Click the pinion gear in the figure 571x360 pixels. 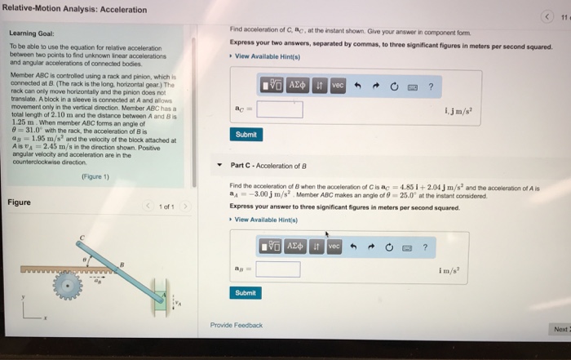point(69,284)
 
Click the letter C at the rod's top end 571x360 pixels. point(82,238)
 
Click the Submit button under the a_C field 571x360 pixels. point(246,135)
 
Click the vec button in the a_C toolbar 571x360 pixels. point(338,85)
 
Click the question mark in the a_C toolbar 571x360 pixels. point(441,85)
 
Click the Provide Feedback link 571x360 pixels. point(237,325)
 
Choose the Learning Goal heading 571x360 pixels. point(31,33)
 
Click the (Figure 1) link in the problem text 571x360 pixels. point(97,174)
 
